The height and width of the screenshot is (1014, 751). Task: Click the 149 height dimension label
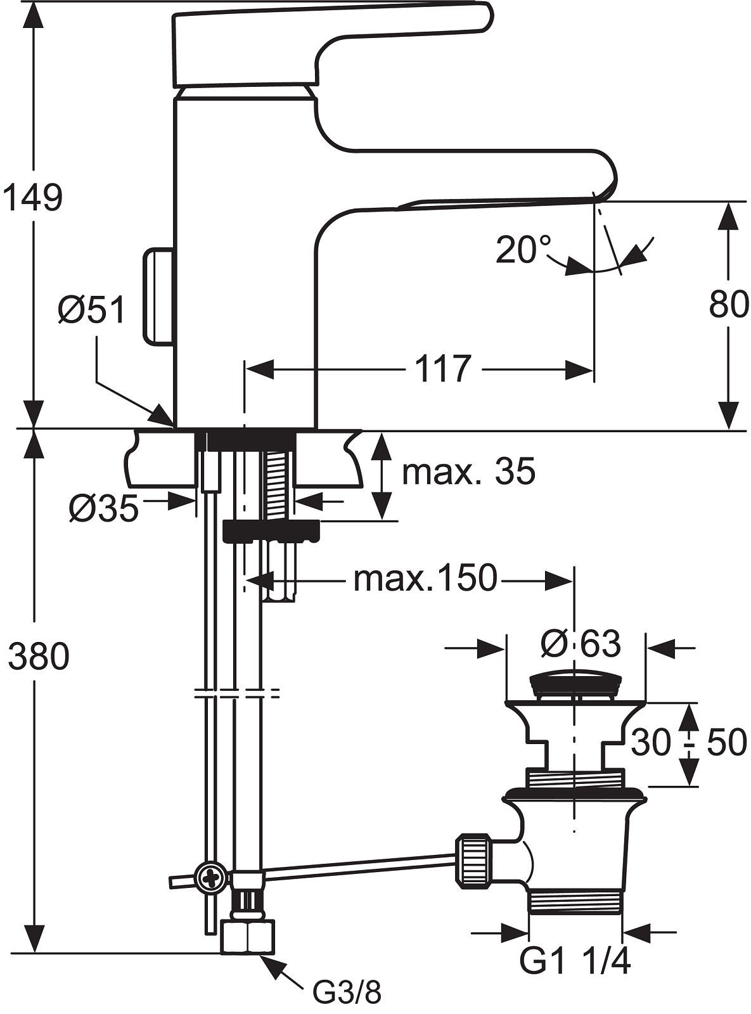(x=32, y=198)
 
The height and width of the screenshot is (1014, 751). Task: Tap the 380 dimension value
(x=39, y=657)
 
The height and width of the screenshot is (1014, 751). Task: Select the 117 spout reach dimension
(x=443, y=369)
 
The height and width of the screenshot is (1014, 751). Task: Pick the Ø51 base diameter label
(x=92, y=311)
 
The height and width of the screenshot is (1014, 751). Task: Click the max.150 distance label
(x=425, y=578)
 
